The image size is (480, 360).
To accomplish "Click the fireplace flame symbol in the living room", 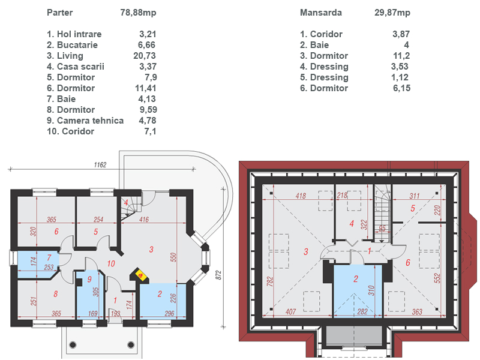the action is tap(141, 275).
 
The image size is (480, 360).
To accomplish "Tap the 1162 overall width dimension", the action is tap(100, 165).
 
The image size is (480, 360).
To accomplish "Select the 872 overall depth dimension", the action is tap(218, 275).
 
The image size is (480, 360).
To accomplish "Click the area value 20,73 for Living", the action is tap(145, 56).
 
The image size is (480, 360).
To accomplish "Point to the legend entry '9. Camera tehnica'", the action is tap(85, 121).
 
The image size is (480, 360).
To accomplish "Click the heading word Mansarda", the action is tap(321, 13).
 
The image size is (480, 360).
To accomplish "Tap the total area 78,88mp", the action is tap(138, 13).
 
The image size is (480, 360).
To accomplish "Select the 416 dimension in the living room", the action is tap(144, 219).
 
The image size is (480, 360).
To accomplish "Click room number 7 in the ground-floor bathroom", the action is tap(49, 257).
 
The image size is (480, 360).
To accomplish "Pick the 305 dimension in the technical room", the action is tap(96, 292).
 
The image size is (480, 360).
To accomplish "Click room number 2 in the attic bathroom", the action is tap(356, 279).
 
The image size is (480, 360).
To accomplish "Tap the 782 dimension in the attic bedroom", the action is tap(269, 281).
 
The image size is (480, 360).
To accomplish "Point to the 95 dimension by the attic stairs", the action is tap(382, 229).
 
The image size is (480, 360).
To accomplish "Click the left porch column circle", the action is tap(73, 344).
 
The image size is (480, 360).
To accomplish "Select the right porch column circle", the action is tap(131, 344).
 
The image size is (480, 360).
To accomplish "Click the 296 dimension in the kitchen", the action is tap(169, 313).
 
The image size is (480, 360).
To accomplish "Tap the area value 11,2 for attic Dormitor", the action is tap(401, 56).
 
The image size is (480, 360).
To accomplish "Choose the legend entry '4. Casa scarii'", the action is tap(76, 67).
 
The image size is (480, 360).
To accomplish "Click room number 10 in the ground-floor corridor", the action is tap(111, 263).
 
